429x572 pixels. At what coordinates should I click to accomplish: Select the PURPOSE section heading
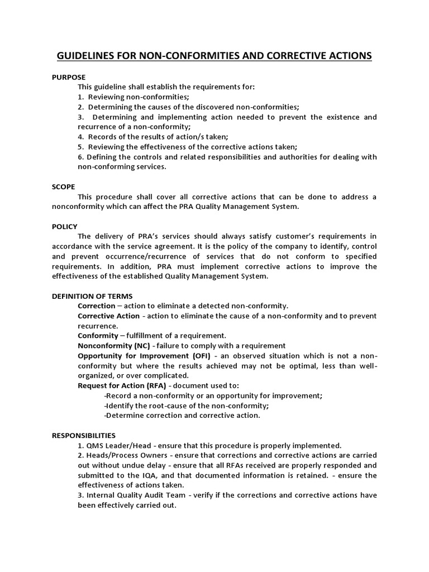(69, 77)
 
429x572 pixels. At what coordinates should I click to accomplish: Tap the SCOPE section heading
(64, 187)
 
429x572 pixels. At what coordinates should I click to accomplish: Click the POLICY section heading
(65, 226)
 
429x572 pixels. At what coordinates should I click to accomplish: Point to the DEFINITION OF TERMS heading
(92, 296)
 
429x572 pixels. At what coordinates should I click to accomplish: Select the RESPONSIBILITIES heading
(84, 435)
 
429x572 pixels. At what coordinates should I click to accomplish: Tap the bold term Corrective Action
(108, 316)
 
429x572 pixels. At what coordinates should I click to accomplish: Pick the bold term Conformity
(98, 336)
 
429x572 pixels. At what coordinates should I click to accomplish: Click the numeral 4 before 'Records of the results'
(80, 136)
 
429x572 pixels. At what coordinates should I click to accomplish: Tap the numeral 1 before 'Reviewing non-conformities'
(80, 97)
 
